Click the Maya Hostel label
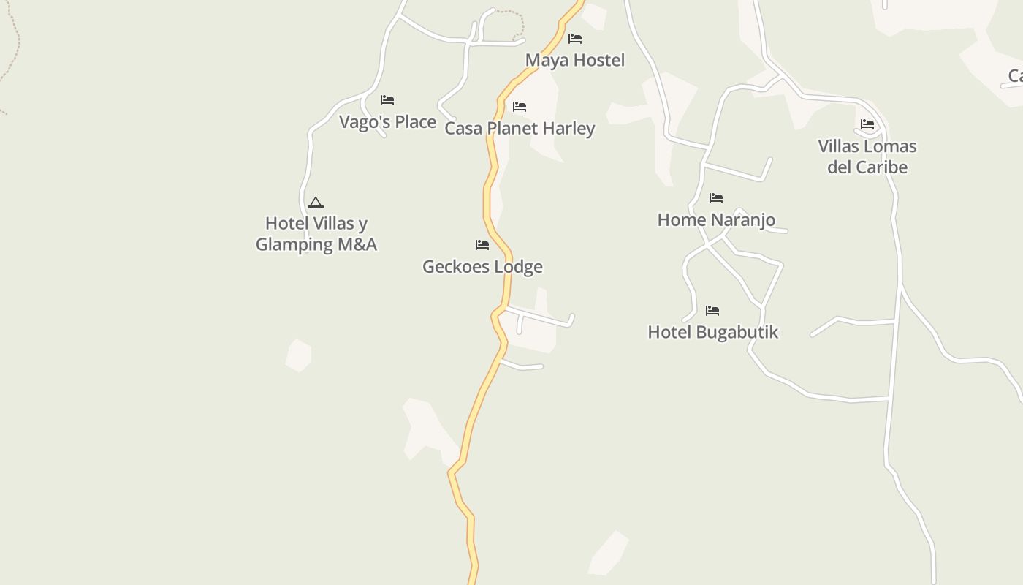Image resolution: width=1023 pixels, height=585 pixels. [x=575, y=60]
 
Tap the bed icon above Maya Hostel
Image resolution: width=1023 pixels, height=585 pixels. [x=575, y=39]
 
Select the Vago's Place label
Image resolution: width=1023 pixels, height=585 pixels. [x=387, y=121]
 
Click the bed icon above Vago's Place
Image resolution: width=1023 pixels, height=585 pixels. [x=387, y=100]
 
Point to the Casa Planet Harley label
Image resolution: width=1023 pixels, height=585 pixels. [x=520, y=128]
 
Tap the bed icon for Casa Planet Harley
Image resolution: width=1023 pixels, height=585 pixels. [x=520, y=107]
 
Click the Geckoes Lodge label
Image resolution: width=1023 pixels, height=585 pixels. [x=482, y=266]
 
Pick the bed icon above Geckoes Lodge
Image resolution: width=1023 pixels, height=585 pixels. [x=482, y=245]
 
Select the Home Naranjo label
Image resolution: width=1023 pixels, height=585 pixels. [x=716, y=219]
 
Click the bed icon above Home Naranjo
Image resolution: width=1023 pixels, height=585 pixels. [x=716, y=198]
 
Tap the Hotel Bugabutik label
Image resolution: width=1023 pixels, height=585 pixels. [x=712, y=332]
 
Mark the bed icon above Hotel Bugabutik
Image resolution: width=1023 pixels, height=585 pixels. [x=712, y=311]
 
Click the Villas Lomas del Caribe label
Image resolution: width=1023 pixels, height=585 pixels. [x=867, y=156]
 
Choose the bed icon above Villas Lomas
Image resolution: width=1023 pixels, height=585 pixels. [x=867, y=124]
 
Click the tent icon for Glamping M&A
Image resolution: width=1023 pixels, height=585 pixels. [x=316, y=203]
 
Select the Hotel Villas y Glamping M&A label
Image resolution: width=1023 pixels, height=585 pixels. [x=316, y=233]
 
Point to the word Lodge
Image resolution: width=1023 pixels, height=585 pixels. [x=517, y=266]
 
